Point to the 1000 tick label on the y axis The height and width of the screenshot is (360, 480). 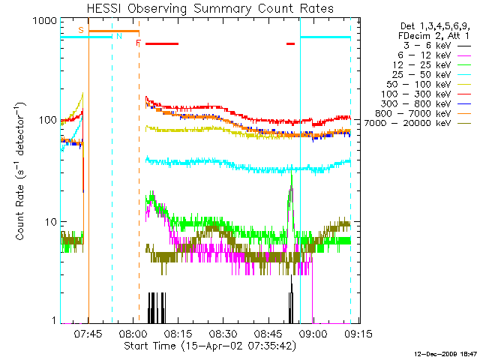coord(45,22)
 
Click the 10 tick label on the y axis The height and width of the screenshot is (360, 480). coord(51,223)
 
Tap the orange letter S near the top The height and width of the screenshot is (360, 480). coord(81,30)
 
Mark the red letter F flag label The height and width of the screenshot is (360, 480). coord(138,43)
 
